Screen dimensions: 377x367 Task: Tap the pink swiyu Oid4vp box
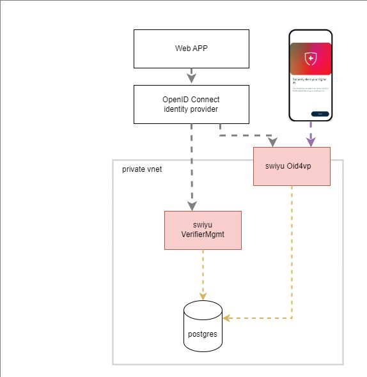(x=292, y=166)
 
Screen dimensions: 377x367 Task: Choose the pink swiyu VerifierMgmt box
(x=203, y=230)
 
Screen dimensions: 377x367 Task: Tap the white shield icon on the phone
(x=311, y=59)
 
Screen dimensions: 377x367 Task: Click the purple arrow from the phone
(x=311, y=134)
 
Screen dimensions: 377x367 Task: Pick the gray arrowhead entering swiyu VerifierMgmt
(x=191, y=205)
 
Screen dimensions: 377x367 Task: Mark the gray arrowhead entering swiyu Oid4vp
(x=273, y=141)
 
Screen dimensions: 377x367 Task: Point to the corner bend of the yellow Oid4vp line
(x=292, y=318)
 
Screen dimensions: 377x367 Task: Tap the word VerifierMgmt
(x=203, y=235)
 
